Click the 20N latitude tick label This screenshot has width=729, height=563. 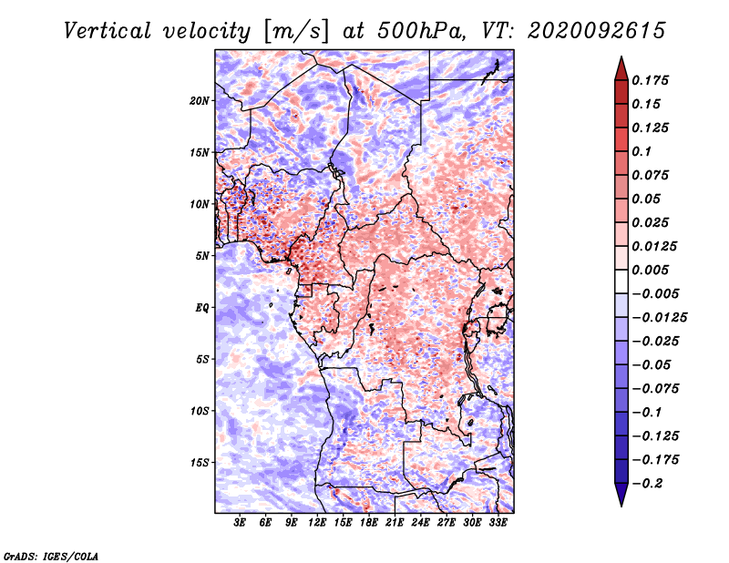200,101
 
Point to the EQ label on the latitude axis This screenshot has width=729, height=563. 201,308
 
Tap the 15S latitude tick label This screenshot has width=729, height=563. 200,463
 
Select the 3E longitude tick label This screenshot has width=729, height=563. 240,523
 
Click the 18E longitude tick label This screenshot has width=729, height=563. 369,523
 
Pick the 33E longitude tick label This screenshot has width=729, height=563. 498,523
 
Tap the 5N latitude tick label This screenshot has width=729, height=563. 202,256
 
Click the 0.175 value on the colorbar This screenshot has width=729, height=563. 650,80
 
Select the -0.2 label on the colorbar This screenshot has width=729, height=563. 647,484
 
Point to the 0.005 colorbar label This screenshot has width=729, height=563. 650,270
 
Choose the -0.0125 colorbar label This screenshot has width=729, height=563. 659,318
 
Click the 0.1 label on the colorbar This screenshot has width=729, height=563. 642,151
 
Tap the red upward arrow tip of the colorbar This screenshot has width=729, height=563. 621,57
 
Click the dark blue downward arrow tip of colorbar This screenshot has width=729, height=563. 621,505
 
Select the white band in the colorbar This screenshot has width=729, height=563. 621,281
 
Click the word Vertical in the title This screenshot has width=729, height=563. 108,31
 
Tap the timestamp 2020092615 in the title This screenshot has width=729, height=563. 597,31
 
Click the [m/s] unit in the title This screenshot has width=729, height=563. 296,32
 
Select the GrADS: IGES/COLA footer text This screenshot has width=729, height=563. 51,556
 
